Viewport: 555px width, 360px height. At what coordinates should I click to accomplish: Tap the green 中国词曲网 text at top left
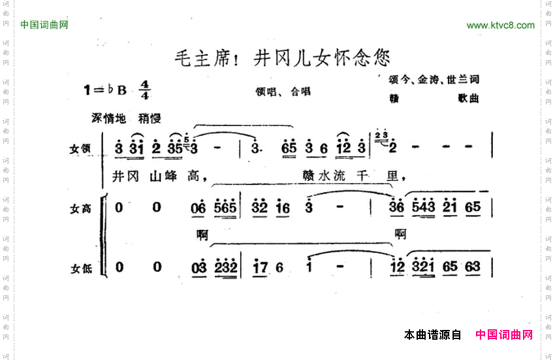point(44,25)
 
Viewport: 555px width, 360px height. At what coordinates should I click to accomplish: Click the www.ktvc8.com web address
point(500,25)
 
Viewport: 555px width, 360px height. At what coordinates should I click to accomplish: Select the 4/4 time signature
point(144,90)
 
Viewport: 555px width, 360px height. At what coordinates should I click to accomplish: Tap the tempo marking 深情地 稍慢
point(126,118)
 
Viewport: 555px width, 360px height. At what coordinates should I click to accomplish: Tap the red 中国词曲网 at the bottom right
point(504,335)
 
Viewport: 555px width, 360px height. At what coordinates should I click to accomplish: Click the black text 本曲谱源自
point(432,335)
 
